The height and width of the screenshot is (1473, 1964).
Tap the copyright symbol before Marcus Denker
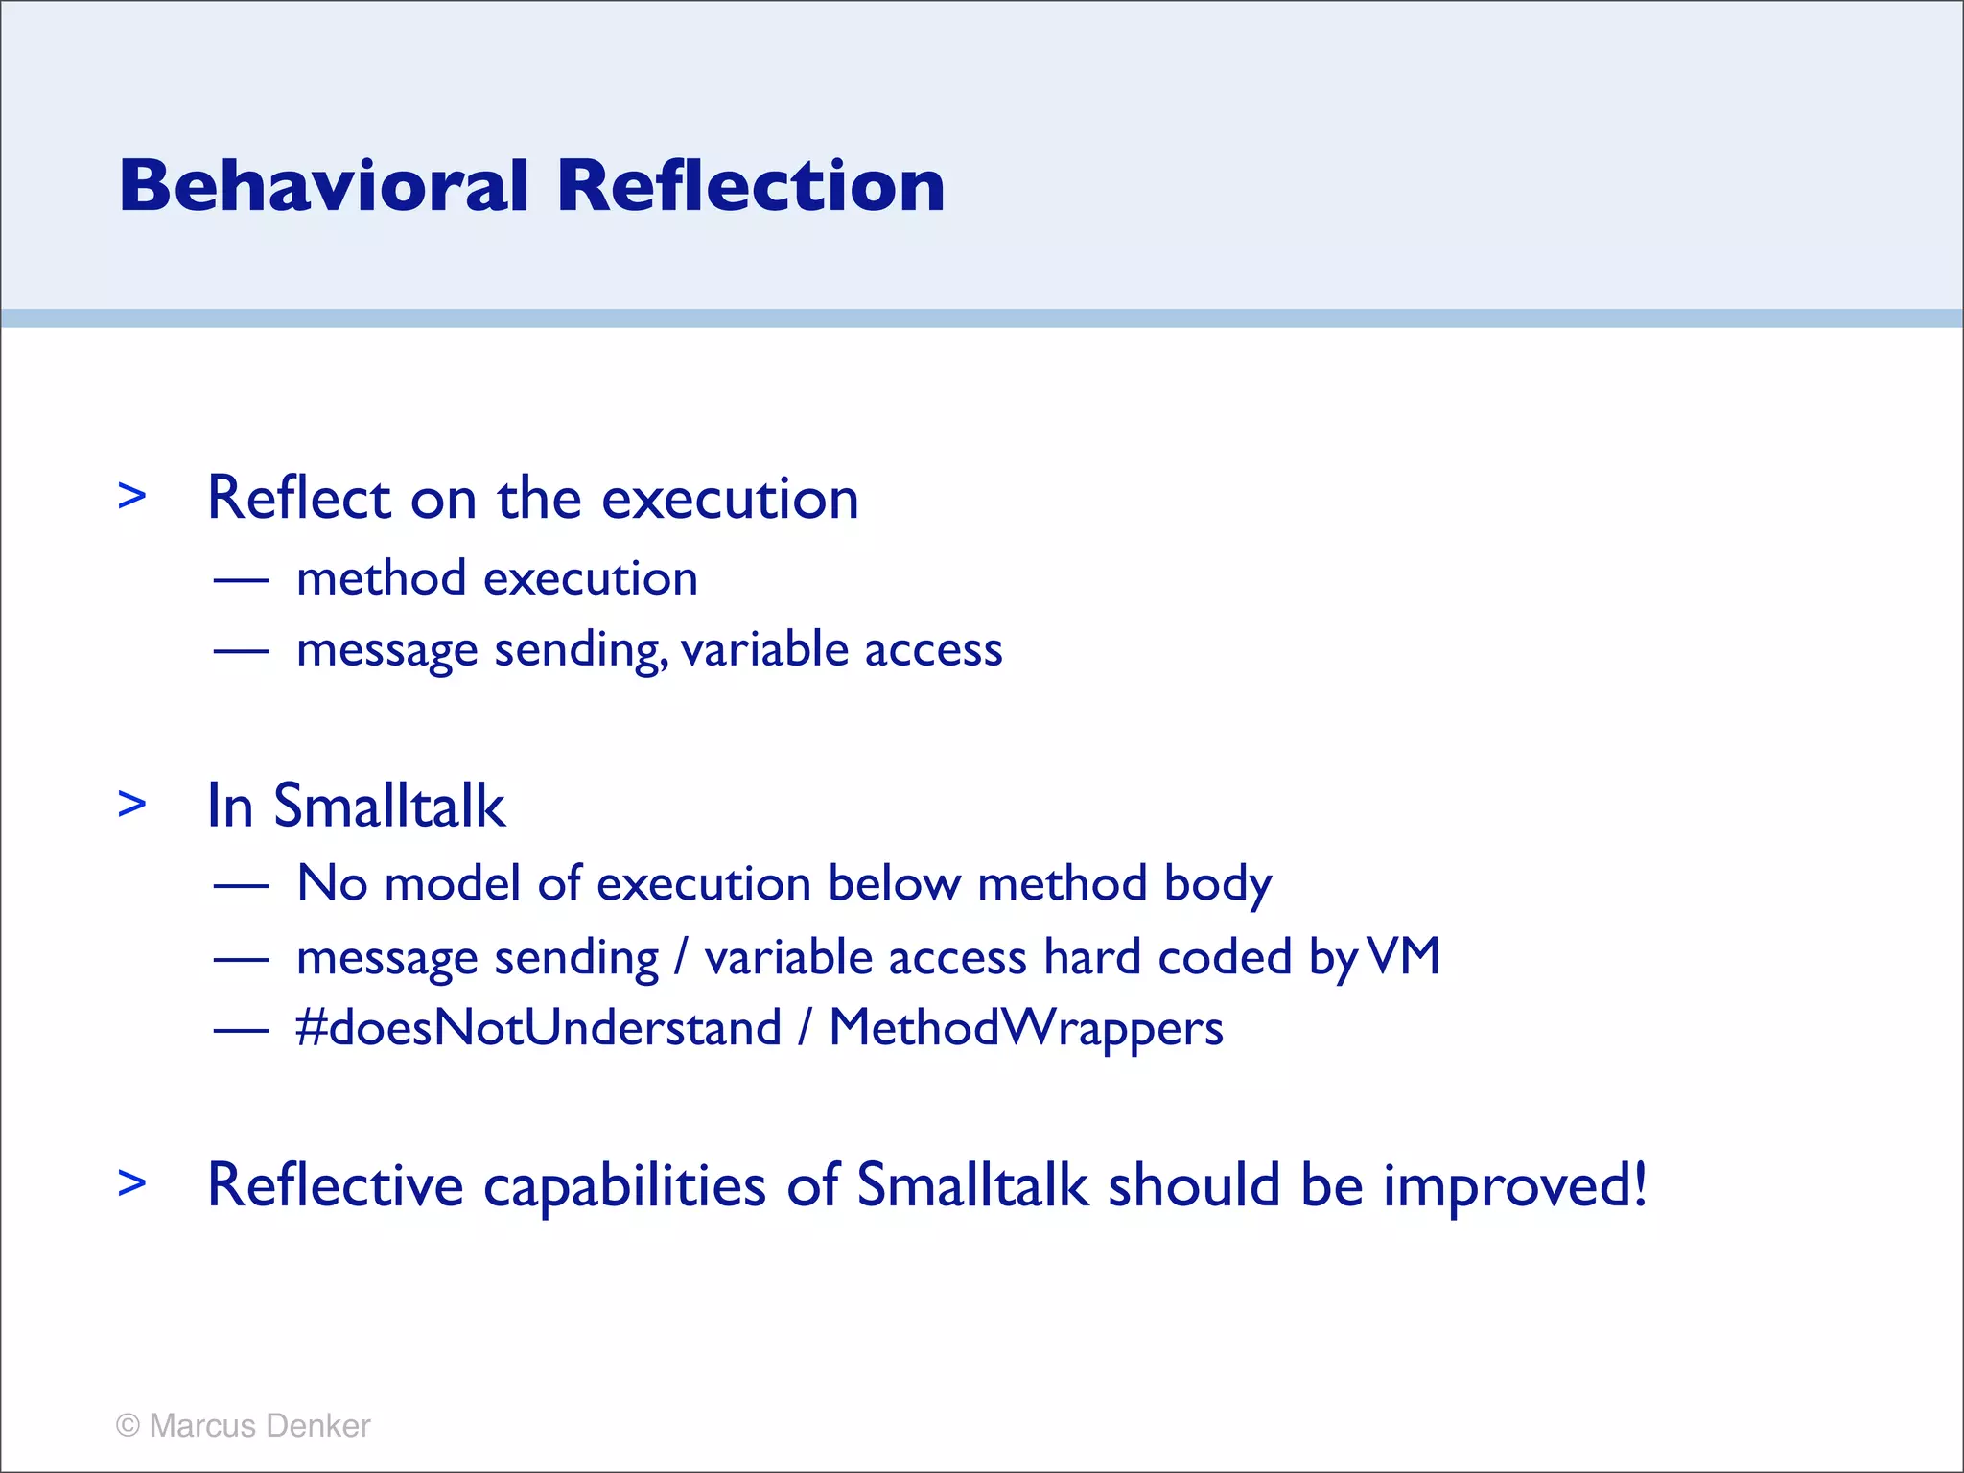click(128, 1425)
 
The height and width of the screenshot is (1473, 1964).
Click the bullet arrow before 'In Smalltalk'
click(132, 804)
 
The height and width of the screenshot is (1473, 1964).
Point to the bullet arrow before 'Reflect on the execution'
click(132, 496)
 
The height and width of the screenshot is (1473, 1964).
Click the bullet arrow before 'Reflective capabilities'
click(132, 1182)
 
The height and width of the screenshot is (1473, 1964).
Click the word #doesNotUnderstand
click(539, 1028)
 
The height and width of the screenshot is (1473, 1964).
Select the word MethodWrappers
click(1025, 1028)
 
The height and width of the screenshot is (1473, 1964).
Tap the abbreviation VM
click(1403, 956)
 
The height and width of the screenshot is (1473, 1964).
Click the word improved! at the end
click(1514, 1186)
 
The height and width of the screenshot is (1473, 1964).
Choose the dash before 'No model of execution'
click(241, 885)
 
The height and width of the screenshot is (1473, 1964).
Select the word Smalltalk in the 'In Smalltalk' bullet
click(389, 806)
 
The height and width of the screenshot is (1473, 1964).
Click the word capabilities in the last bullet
click(624, 1186)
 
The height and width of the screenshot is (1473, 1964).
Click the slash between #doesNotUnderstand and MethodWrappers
click(805, 1028)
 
